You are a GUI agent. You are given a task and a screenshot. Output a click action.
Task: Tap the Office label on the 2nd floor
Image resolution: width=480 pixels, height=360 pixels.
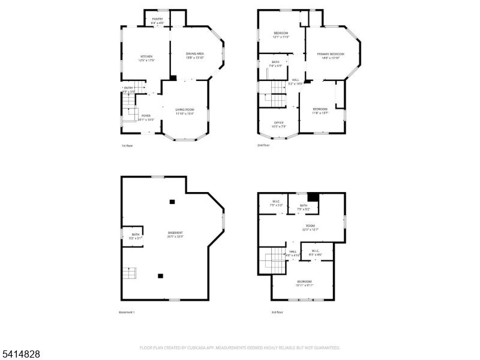tap(279, 124)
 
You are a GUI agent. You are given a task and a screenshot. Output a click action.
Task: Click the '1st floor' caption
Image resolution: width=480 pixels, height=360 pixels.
tap(128, 145)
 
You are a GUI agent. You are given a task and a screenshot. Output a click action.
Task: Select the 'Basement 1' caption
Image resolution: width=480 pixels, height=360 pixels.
tap(127, 312)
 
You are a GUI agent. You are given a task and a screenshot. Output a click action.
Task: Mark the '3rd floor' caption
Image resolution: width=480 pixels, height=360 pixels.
tap(277, 312)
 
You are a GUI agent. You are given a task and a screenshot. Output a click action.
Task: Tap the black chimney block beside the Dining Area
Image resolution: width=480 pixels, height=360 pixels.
tap(173, 77)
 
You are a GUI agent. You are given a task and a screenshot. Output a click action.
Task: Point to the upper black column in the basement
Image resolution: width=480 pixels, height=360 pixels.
tap(172, 202)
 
